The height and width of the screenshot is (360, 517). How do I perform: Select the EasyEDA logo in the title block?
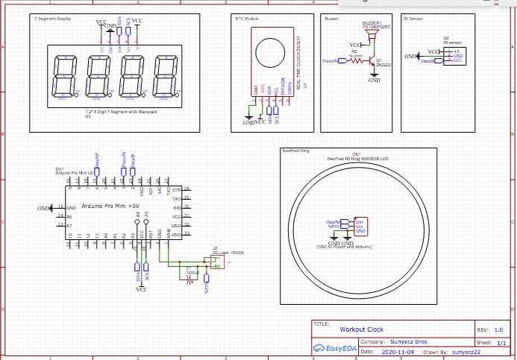coord(334,348)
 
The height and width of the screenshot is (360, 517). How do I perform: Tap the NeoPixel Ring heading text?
coord(294,150)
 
